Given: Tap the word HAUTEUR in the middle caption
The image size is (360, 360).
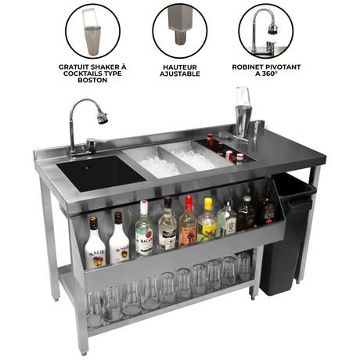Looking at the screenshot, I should click(179, 67).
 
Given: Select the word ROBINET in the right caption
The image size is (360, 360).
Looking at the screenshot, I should click(249, 67).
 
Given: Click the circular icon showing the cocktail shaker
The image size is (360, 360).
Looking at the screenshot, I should click(92, 31).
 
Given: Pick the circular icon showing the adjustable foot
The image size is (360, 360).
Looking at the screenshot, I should click(179, 31).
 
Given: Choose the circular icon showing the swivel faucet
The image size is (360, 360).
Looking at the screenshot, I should click(266, 31).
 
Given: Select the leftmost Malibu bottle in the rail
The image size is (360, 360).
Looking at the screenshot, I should click(94, 244).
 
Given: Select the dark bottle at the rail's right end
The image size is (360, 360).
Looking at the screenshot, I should click(267, 207).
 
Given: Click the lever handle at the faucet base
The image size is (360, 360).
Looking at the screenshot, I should click(92, 144).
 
